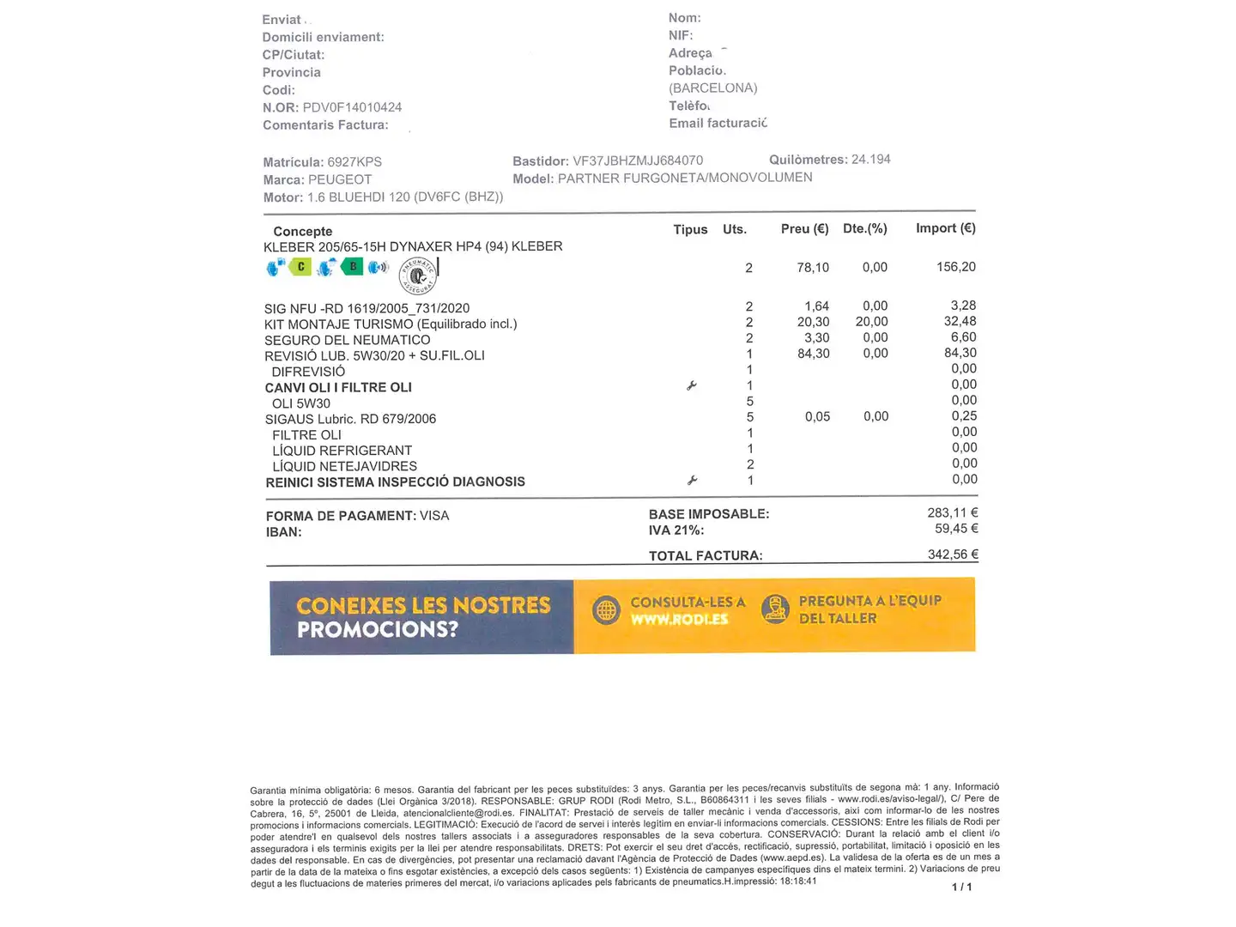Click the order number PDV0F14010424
click(352, 107)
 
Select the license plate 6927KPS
click(354, 162)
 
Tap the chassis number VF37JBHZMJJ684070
click(638, 161)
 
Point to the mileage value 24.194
click(870, 160)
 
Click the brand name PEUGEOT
click(340, 179)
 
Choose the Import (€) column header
click(945, 228)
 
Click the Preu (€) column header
click(804, 229)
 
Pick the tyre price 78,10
click(813, 268)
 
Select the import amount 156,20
click(955, 267)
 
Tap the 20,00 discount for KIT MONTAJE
click(871, 322)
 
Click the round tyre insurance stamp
click(419, 276)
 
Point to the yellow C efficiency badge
click(300, 267)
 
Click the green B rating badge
click(352, 267)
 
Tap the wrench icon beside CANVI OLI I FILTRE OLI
click(692, 386)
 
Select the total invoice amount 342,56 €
click(953, 554)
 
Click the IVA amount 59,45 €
click(956, 529)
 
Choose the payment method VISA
click(434, 516)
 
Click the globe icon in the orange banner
click(606, 610)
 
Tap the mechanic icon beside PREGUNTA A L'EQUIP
click(775, 609)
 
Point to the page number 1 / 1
click(961, 887)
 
